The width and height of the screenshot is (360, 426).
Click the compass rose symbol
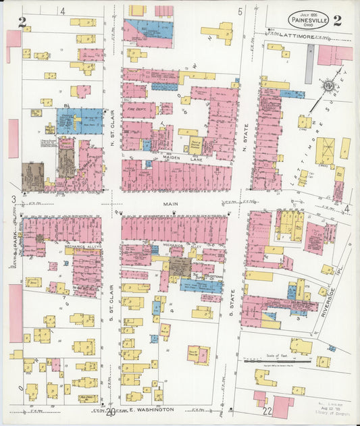pyautogui.click(x=328, y=86)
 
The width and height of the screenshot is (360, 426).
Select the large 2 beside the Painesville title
pyautogui.click(x=336, y=20)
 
